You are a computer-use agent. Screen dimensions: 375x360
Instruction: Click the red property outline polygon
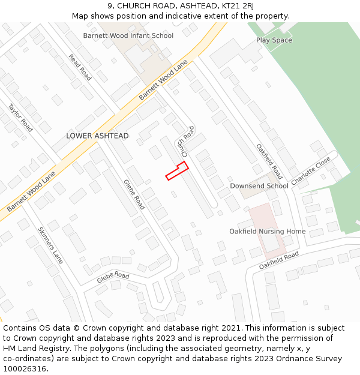(177, 170)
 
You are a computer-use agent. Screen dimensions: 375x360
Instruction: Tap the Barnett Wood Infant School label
(128, 36)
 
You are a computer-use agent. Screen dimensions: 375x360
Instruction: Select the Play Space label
(274, 40)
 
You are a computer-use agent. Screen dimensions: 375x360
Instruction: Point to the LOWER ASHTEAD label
(97, 136)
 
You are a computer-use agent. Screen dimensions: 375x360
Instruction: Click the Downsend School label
(259, 186)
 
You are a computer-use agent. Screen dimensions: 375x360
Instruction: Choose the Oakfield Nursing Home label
(267, 232)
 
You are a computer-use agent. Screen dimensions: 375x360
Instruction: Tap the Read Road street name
(80, 68)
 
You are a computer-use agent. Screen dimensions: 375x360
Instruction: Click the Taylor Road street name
(20, 118)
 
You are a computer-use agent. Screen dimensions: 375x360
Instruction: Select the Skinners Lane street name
(50, 245)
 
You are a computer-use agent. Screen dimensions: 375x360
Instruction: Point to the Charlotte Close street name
(311, 171)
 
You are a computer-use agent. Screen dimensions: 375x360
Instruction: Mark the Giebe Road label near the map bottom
(113, 277)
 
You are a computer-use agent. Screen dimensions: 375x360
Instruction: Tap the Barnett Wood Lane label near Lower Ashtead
(31, 191)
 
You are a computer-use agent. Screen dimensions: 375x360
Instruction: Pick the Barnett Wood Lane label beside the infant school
(163, 80)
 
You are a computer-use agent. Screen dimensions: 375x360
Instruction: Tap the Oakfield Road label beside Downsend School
(269, 161)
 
